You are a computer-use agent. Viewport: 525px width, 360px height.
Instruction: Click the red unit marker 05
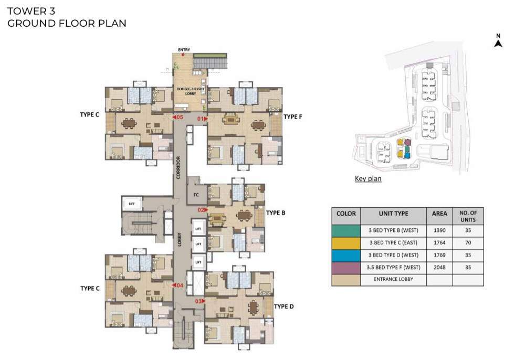coord(178,118)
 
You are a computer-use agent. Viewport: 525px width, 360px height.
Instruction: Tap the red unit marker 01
coord(202,119)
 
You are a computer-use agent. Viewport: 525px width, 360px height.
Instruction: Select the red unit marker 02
coord(202,210)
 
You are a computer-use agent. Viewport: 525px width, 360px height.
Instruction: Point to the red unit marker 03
coord(200,301)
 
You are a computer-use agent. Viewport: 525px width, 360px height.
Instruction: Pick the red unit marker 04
coord(178,285)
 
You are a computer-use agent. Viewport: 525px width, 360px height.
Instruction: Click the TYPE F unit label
coord(293,117)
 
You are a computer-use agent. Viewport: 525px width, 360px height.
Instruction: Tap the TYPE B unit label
coord(276,213)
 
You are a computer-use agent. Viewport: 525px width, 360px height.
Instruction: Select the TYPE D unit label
coord(283,306)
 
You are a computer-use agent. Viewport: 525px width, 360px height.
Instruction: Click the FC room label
coord(196,195)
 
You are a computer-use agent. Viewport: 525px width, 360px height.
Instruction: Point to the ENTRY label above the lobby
coord(184,50)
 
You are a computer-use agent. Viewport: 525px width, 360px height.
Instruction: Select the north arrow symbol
coord(498,41)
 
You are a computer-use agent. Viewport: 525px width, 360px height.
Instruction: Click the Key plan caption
coord(368,179)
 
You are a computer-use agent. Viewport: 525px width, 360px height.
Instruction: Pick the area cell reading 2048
coord(439,267)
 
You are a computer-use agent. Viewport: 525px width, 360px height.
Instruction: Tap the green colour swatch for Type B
coord(345,230)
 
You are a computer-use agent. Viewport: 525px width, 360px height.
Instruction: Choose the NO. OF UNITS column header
coord(468,216)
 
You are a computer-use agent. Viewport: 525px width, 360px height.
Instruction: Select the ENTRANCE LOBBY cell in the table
coord(393,279)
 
